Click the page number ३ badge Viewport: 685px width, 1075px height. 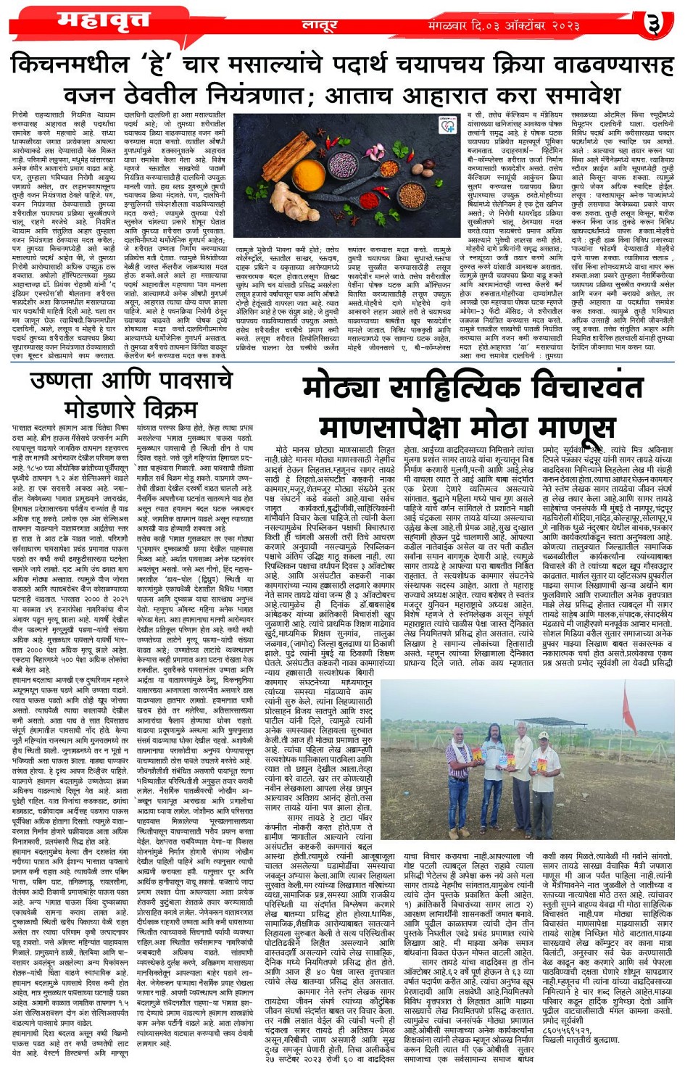click(655, 25)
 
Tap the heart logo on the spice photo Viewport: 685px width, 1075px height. click(447, 125)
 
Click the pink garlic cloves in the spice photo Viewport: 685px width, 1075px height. click(377, 151)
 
